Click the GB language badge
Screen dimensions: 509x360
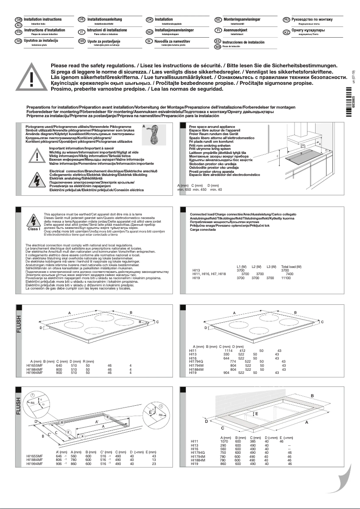(18, 20)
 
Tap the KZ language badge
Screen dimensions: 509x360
(286, 32)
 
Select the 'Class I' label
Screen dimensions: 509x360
(34, 229)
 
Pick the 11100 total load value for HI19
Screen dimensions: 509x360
(286, 278)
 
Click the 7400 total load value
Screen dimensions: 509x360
(290, 274)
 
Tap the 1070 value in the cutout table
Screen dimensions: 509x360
(226, 442)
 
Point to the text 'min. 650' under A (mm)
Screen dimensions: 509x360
(184, 190)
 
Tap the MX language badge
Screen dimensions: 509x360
(218, 47)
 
